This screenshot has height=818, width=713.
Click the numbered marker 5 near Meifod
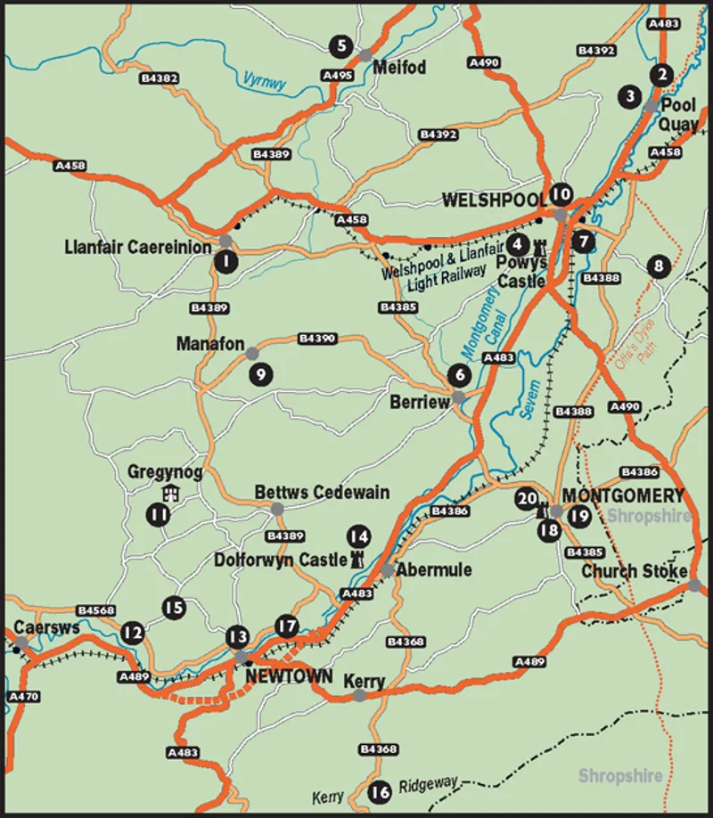pos(339,45)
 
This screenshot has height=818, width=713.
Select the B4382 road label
pos(160,78)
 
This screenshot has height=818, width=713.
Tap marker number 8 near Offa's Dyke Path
pos(659,266)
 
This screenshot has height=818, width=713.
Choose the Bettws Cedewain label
pos(322,493)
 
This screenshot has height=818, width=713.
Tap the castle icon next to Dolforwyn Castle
pos(357,559)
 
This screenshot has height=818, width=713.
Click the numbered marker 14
pos(357,536)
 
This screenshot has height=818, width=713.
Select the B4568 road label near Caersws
pos(95,610)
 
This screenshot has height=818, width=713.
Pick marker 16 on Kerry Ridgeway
pos(380,791)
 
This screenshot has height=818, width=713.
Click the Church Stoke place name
pos(634,571)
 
